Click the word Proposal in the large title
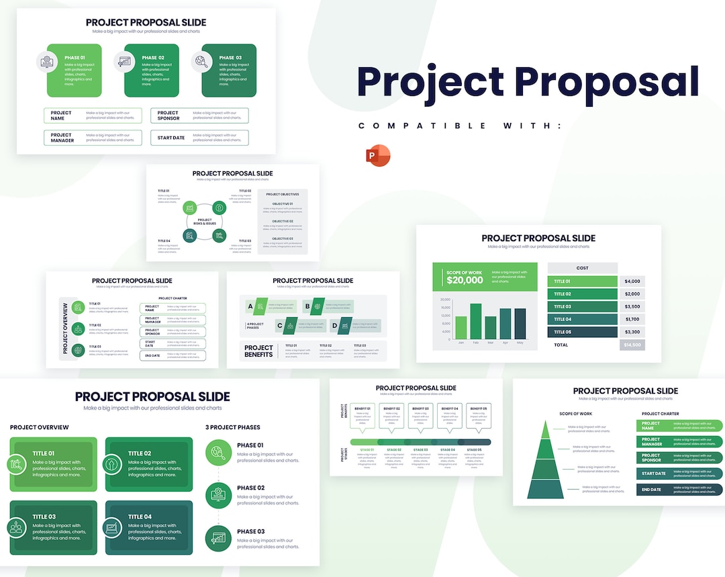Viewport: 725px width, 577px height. [x=607, y=81]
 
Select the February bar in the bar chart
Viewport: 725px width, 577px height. [x=475, y=321]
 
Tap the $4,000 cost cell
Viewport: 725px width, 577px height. [x=632, y=281]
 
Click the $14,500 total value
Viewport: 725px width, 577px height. [x=632, y=345]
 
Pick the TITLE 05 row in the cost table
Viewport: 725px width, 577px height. [x=582, y=332]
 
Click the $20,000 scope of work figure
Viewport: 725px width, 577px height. [x=465, y=280]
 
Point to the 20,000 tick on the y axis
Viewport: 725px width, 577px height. [x=445, y=300]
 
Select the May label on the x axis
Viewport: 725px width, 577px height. [x=519, y=343]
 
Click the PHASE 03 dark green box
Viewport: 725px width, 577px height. [x=229, y=71]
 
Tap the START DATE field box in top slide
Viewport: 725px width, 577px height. [x=199, y=138]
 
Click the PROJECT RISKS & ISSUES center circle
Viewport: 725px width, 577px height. [x=205, y=222]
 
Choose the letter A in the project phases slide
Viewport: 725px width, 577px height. [x=250, y=306]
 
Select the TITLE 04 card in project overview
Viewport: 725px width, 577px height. [x=149, y=527]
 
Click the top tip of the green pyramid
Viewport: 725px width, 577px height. [x=545, y=422]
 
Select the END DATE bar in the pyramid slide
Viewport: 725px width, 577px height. [x=678, y=490]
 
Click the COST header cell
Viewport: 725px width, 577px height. [x=582, y=268]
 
